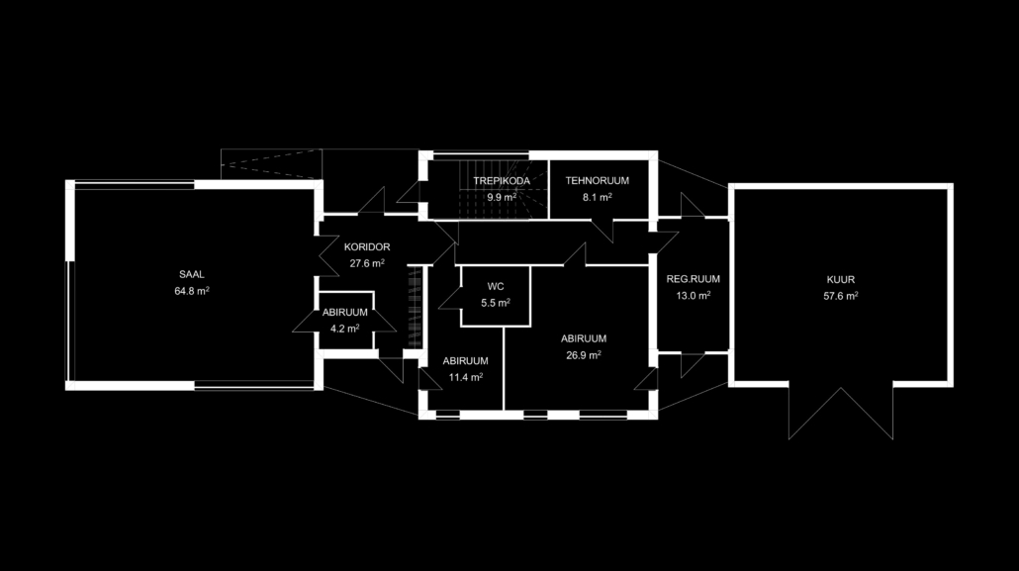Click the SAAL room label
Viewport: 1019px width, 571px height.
(x=192, y=274)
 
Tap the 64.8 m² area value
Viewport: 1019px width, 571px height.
(x=192, y=291)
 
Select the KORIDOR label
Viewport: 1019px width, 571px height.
(x=367, y=247)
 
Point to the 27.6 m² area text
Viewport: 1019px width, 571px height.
(x=367, y=263)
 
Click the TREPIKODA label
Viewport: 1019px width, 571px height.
(x=502, y=181)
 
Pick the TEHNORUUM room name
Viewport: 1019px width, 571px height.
(x=598, y=181)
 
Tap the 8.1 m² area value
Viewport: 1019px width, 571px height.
(x=598, y=197)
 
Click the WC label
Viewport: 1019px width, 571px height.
(x=496, y=286)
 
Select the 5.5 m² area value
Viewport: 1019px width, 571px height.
(x=496, y=303)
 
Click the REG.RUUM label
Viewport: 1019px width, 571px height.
(x=694, y=279)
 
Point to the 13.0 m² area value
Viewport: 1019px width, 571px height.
(x=694, y=295)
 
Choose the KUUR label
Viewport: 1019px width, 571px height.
(x=841, y=280)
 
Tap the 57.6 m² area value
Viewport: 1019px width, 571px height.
(x=841, y=296)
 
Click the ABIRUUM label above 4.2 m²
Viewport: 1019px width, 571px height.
(x=345, y=312)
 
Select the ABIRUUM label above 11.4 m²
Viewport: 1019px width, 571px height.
(x=465, y=361)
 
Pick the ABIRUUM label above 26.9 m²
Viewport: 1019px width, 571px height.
(x=584, y=338)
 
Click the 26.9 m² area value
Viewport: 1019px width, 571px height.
(x=584, y=355)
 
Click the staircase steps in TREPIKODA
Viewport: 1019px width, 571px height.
(x=494, y=189)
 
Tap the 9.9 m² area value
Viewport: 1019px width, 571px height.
(x=502, y=197)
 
